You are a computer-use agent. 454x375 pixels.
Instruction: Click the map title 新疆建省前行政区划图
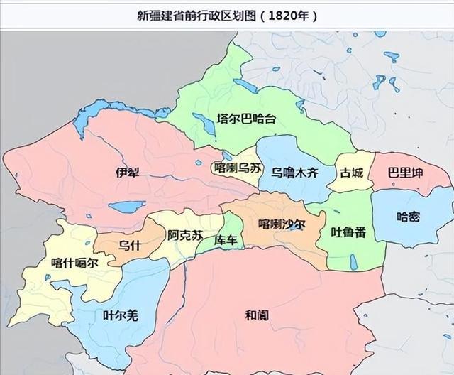192,15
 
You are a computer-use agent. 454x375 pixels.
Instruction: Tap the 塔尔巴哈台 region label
245,119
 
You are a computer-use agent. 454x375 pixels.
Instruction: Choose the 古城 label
352,172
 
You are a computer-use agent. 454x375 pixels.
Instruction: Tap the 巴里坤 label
405,173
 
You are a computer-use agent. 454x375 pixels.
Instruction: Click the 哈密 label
408,216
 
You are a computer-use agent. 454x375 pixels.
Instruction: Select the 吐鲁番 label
348,232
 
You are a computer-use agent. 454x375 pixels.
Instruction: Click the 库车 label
225,240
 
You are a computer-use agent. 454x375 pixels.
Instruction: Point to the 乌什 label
128,246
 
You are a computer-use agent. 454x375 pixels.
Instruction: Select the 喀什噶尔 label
74,262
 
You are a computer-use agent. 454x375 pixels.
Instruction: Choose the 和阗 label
256,315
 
